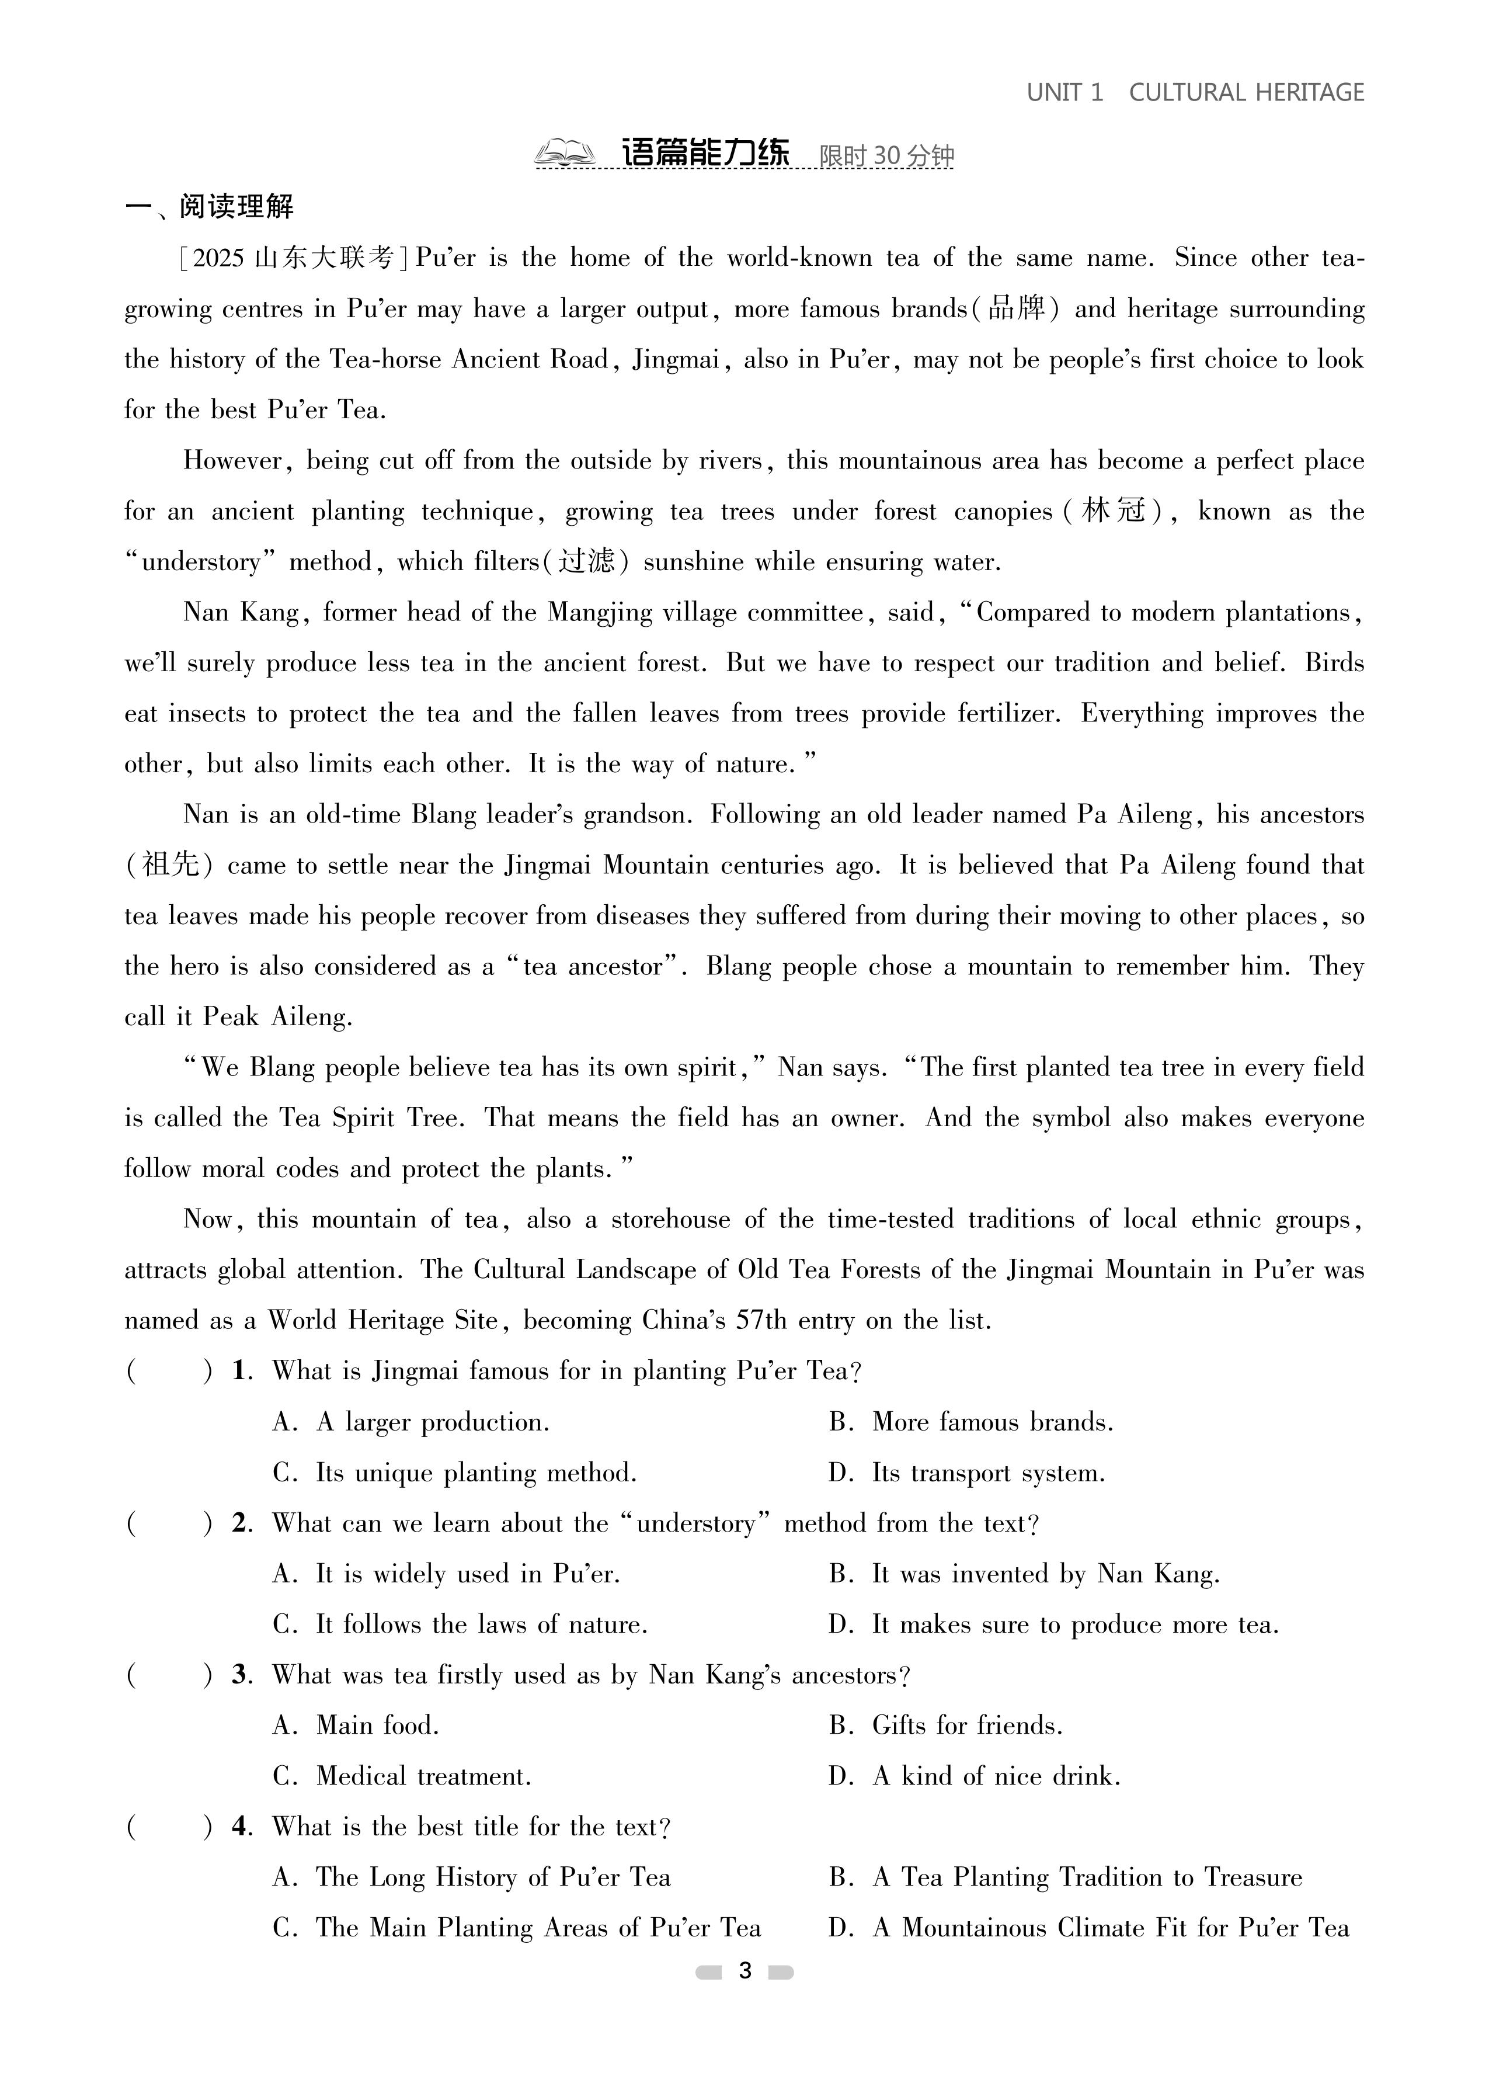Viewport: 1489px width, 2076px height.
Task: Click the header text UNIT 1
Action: pyautogui.click(x=1064, y=92)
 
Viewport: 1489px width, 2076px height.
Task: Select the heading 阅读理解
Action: pyautogui.click(x=235, y=207)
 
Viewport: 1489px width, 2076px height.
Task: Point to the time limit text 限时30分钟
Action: pyautogui.click(x=886, y=155)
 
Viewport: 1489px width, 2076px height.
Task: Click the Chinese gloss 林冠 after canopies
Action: pyautogui.click(x=1113, y=511)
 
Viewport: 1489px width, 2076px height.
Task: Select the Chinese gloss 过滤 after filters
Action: pyautogui.click(x=587, y=561)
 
